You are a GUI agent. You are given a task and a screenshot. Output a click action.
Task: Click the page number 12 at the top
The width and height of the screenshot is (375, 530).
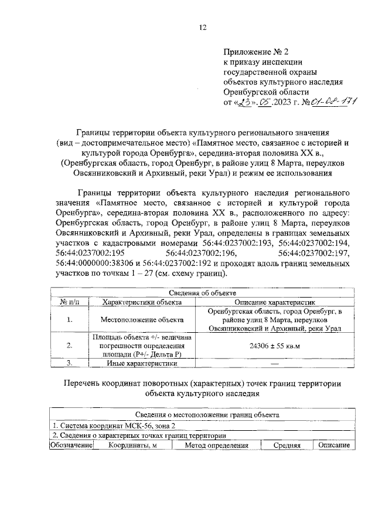(203, 27)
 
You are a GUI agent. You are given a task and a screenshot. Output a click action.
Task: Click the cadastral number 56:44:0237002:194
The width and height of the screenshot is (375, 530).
(315, 242)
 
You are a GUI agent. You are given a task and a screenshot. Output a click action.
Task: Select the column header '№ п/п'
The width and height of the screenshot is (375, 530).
(70, 302)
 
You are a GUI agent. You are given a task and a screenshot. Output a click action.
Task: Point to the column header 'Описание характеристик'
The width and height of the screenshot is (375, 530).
(275, 302)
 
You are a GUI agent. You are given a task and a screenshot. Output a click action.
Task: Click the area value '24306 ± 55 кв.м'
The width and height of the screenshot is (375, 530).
(275, 347)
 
